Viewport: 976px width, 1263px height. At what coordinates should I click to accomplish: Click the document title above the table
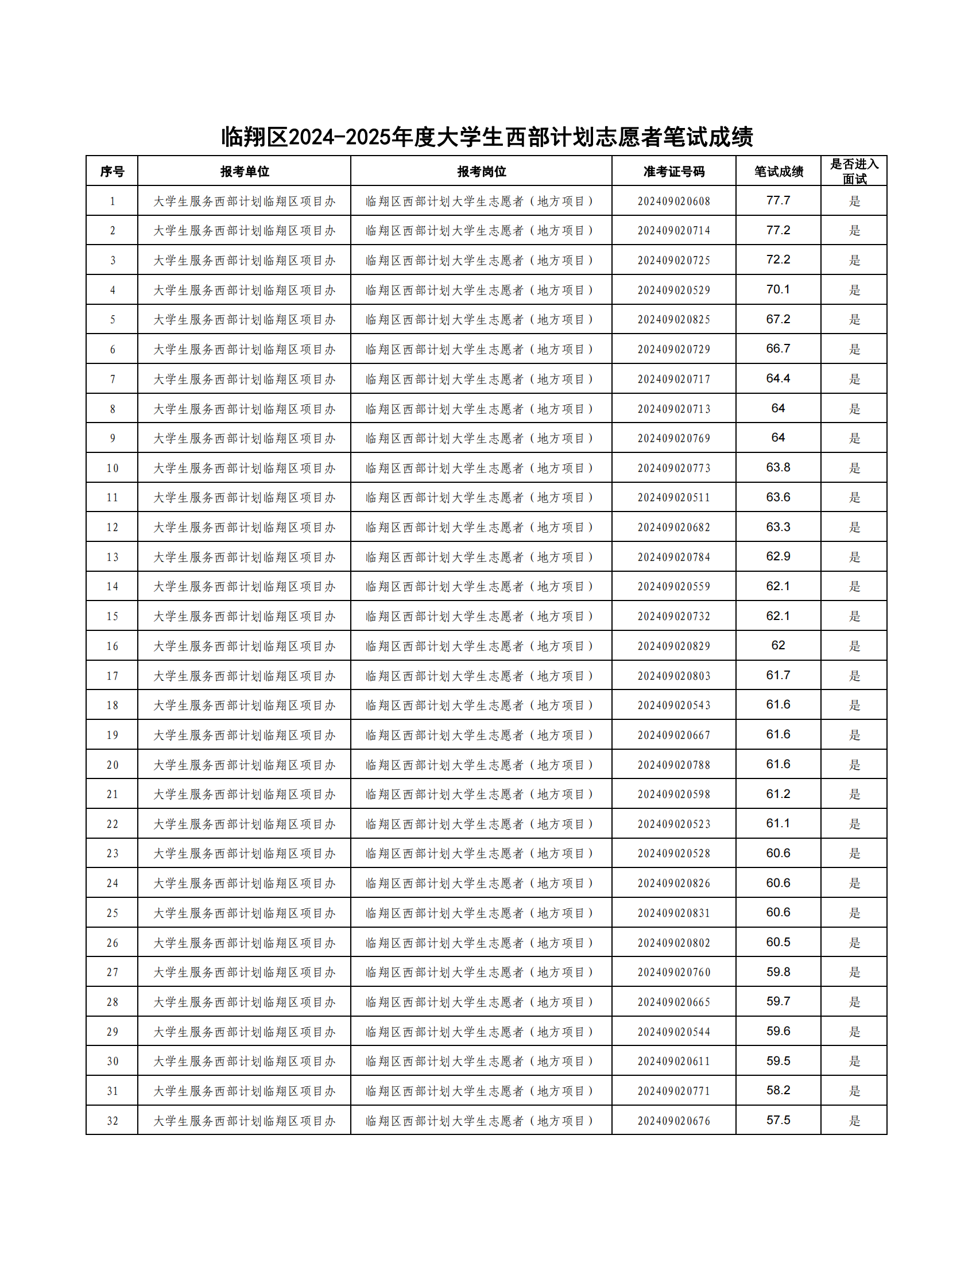487,137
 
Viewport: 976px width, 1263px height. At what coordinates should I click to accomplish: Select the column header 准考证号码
673,171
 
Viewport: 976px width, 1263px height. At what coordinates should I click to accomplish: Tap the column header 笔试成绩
779,171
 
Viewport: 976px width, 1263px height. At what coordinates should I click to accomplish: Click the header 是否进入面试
854,171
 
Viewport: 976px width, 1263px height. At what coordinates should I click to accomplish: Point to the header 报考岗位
481,171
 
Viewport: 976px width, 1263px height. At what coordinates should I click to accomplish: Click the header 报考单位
245,171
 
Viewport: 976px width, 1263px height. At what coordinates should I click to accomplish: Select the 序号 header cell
112,171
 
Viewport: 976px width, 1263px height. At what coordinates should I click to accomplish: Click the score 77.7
779,201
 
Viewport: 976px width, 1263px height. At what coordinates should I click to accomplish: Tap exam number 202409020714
673,231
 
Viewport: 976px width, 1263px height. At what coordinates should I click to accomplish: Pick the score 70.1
779,290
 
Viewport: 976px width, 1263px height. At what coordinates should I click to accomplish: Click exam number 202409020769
673,439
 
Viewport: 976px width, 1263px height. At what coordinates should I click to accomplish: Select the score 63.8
779,468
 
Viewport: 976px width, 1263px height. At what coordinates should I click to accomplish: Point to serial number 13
112,557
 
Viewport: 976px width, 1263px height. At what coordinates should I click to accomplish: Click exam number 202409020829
673,646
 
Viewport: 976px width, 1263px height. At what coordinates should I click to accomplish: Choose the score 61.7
779,676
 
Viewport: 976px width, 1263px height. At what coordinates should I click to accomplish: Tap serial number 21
112,794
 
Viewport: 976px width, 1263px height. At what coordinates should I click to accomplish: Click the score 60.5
779,943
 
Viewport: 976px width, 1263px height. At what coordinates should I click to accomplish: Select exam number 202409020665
673,1002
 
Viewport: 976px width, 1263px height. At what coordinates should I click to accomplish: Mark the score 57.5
779,1121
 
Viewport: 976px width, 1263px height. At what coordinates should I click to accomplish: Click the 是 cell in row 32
854,1121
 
